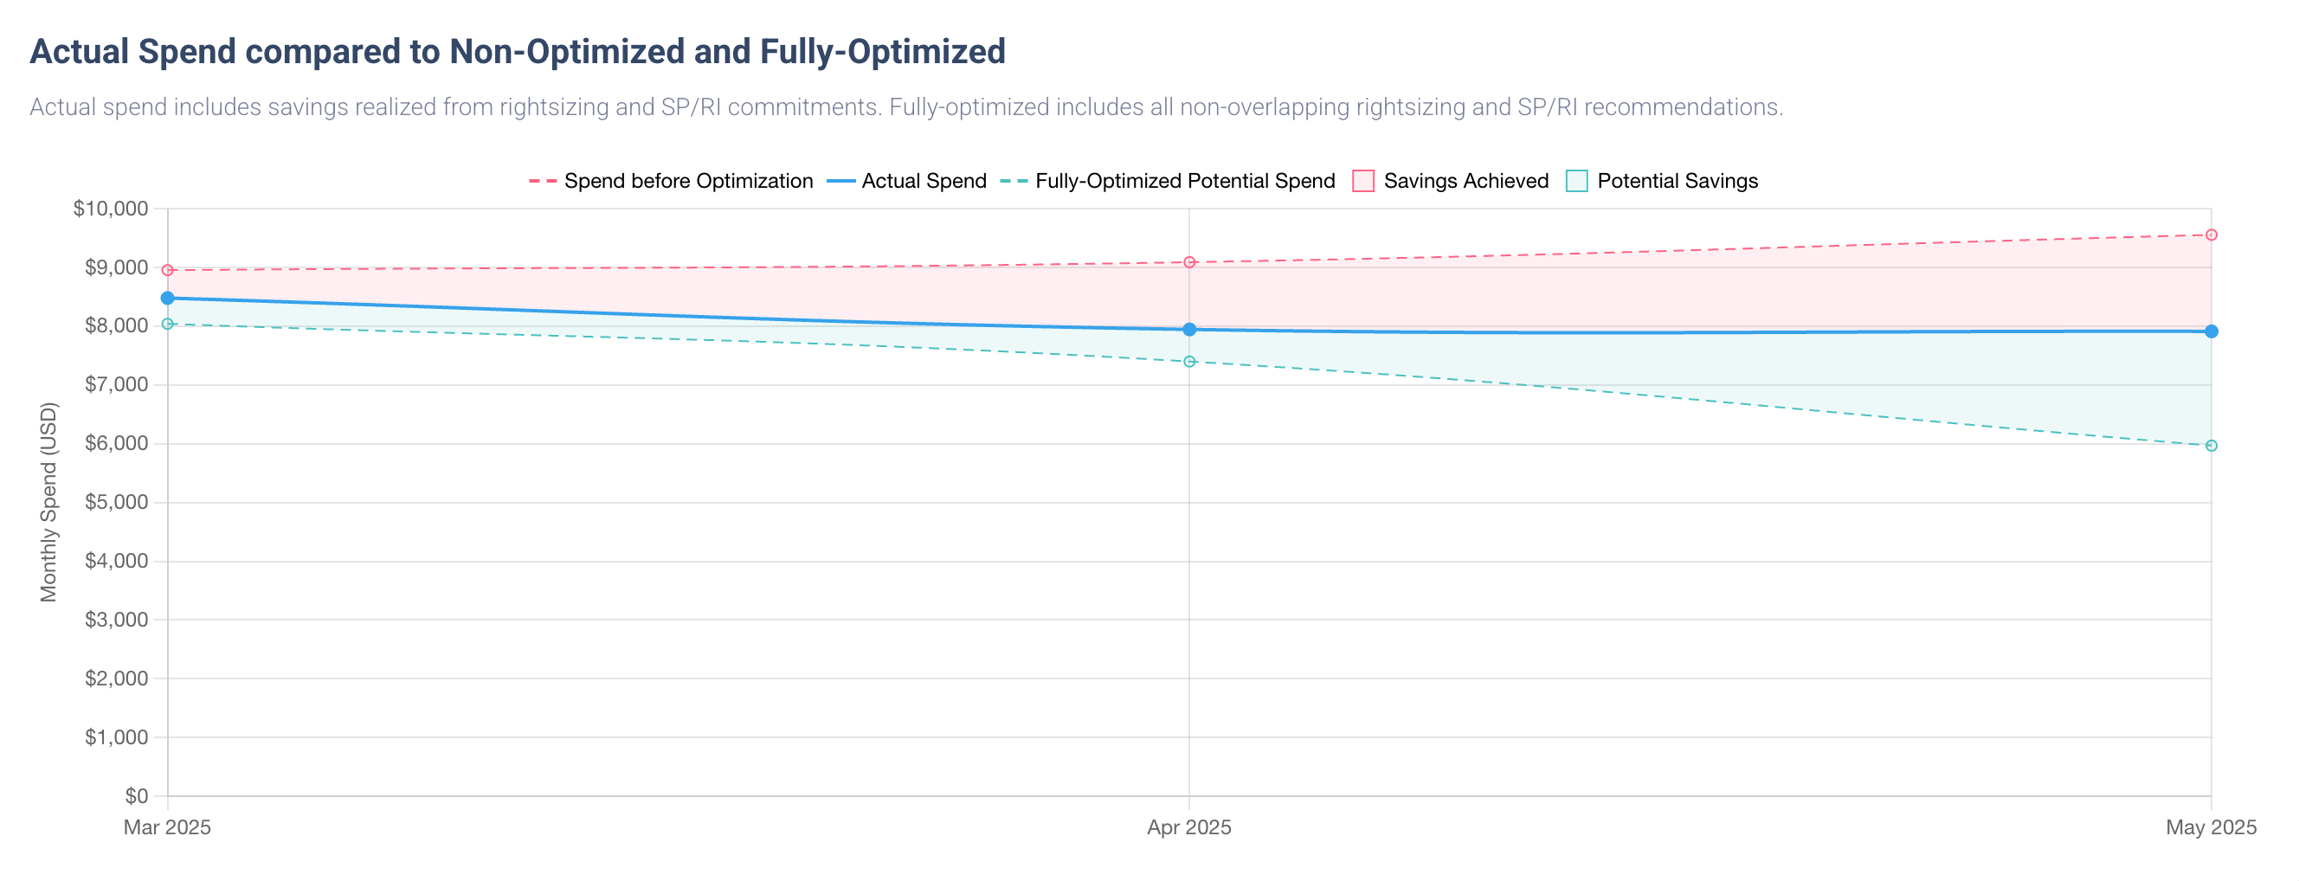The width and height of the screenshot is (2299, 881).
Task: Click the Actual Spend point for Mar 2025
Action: point(168,298)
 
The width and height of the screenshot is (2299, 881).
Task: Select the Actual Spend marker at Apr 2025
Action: point(1188,330)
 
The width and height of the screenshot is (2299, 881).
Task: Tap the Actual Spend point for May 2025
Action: point(2211,331)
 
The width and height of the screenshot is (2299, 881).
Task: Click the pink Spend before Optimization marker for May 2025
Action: point(2211,235)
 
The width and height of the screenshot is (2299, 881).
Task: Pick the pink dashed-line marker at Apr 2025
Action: point(1188,262)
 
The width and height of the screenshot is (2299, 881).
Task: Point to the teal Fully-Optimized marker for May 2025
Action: point(2211,446)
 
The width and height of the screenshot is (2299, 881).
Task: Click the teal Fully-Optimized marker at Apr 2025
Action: point(1188,362)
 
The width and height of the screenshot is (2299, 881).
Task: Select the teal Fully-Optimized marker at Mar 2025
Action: point(168,324)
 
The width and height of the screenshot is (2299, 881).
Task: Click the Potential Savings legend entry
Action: point(1662,181)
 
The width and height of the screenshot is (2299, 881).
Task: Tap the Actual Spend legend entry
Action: point(907,181)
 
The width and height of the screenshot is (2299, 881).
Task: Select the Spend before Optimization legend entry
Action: point(671,181)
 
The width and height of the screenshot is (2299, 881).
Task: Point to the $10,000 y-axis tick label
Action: point(111,209)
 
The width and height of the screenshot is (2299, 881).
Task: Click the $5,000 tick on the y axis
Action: point(116,503)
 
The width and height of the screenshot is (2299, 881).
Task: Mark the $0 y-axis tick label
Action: point(137,795)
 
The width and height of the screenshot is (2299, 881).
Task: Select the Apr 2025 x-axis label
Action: point(1188,827)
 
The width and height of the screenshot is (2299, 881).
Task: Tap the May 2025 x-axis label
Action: point(2210,827)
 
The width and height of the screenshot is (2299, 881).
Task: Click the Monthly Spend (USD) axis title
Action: point(49,502)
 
